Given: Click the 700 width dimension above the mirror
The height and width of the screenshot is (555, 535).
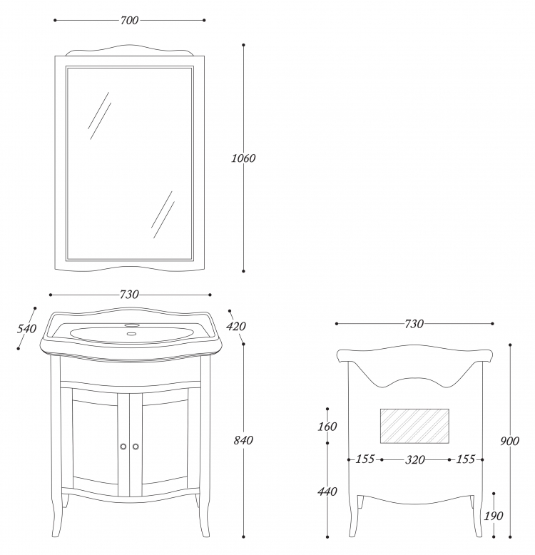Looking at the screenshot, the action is (130, 21).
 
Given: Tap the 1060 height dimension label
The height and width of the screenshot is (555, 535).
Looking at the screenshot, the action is (243, 158).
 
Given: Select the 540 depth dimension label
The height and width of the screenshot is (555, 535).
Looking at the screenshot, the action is (27, 329).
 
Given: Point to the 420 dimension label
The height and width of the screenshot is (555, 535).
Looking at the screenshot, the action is (236, 326).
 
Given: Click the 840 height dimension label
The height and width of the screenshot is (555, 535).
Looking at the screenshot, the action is (243, 440).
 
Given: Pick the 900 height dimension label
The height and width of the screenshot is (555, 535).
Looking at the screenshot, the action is (509, 441).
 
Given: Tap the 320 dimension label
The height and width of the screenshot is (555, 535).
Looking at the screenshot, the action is (415, 460).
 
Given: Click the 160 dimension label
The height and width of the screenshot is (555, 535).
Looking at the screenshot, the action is (327, 427).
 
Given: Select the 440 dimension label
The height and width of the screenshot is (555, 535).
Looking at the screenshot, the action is (327, 492).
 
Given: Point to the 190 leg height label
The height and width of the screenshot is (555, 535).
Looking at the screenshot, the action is (494, 516).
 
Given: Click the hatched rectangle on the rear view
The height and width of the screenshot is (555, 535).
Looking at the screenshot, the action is (414, 426).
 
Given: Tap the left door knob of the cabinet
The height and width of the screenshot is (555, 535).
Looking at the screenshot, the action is (123, 447).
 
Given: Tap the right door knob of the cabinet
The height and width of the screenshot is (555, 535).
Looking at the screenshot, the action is (136, 447).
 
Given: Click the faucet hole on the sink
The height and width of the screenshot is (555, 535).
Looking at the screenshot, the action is (132, 325).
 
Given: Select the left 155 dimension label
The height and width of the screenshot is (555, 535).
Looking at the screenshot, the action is (365, 459).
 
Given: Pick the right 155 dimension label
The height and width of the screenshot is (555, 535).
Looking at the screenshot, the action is (466, 459).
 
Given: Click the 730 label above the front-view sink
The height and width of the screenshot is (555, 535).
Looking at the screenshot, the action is (129, 295).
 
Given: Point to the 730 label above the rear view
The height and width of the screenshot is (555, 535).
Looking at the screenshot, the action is (414, 324).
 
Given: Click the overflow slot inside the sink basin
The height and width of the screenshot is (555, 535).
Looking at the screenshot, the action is (132, 333).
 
